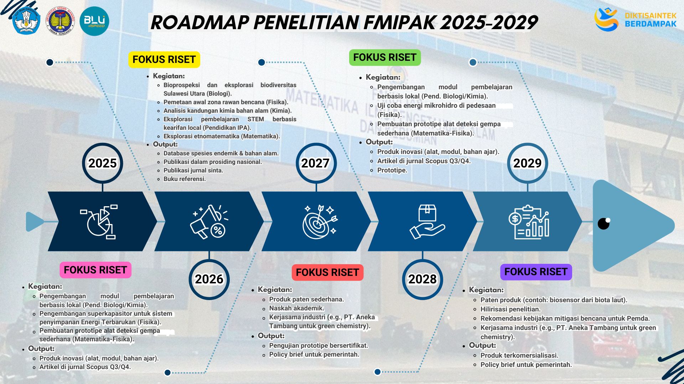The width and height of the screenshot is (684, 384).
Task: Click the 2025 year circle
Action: pos(103,163)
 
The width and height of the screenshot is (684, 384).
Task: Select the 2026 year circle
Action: pos(209,279)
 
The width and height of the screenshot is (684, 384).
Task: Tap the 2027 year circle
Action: pos(316,163)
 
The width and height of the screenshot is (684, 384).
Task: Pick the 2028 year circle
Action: pos(423,279)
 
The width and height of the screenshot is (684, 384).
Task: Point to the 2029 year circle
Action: pos(527,163)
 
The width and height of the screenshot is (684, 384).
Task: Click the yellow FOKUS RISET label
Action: pos(164,59)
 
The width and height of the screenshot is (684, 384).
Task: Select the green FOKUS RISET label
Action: pos(385,57)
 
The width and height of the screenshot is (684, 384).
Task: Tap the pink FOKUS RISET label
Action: pos(95,270)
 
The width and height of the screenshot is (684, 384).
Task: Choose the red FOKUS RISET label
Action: pos(327,272)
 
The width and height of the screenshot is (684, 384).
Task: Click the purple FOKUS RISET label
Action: pos(536,272)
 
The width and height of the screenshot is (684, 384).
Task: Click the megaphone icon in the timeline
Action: pos(209,222)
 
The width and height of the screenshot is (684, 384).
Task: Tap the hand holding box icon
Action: pos(427,222)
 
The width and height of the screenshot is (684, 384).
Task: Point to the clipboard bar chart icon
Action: pos(529,222)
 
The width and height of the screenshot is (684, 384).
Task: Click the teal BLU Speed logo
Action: pos(94,21)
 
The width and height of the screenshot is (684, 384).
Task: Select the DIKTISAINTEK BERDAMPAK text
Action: pos(650,20)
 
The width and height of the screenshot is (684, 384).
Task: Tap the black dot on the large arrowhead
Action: pos(603,224)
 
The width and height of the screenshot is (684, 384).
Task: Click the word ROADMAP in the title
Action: pos(199,22)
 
